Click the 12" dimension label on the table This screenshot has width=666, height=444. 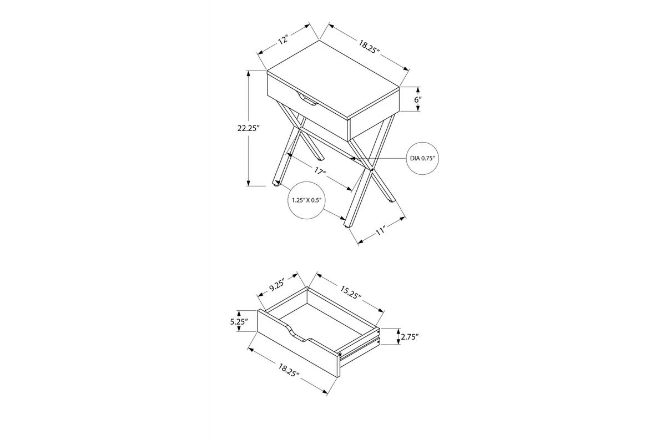pyautogui.click(x=284, y=39)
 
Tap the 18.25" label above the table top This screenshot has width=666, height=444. pyautogui.click(x=369, y=47)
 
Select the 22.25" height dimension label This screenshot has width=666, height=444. pyautogui.click(x=249, y=128)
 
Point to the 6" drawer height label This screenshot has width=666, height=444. pyautogui.click(x=418, y=99)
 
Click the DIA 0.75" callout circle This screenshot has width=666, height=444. pyautogui.click(x=422, y=158)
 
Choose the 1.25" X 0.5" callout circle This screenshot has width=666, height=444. pyautogui.click(x=306, y=200)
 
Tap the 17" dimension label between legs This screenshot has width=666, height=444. pyautogui.click(x=320, y=172)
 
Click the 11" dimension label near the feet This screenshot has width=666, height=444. pyautogui.click(x=381, y=230)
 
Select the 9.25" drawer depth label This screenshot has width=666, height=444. pyautogui.click(x=277, y=285)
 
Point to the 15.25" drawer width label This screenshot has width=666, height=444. pyautogui.click(x=351, y=292)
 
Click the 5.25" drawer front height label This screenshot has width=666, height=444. pyautogui.click(x=239, y=321)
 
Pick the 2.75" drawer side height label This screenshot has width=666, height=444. pyautogui.click(x=410, y=337)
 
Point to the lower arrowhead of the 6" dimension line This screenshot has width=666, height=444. pyautogui.click(x=418, y=109)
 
